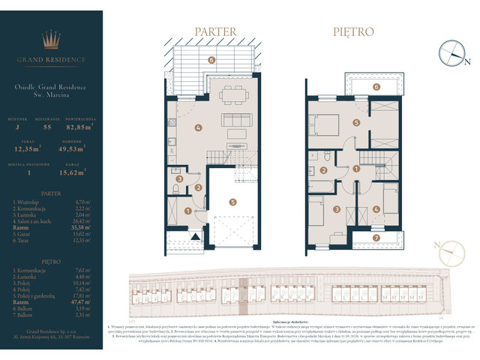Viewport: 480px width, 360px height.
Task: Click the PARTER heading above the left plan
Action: pyautogui.click(x=216, y=32)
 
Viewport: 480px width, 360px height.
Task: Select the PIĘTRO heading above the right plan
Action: pyautogui.click(x=353, y=32)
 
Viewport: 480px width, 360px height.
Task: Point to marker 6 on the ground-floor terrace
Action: pyautogui.click(x=211, y=59)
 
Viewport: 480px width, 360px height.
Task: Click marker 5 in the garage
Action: pyautogui.click(x=232, y=201)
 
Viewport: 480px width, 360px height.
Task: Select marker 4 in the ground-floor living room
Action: pyautogui.click(x=198, y=127)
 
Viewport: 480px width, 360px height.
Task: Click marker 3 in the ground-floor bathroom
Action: pyautogui.click(x=178, y=179)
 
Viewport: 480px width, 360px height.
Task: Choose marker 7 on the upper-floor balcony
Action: pyautogui.click(x=376, y=239)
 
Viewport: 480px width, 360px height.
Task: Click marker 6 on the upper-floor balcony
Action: pyautogui.click(x=376, y=87)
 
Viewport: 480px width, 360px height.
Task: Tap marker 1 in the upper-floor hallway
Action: pyautogui.click(x=356, y=169)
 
